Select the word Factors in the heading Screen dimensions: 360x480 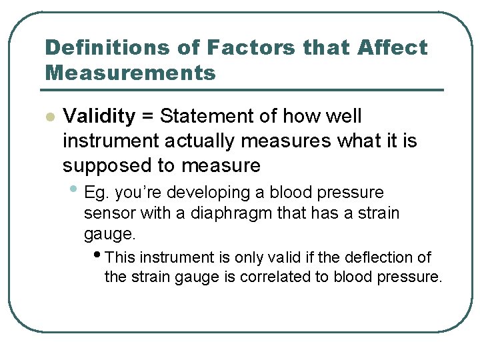click(251, 48)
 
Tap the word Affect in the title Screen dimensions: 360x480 click(393, 48)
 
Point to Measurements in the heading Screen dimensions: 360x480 click(130, 72)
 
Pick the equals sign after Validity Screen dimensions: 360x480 click(147, 117)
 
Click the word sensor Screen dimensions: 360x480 click(106, 214)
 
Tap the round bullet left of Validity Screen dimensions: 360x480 click(49, 117)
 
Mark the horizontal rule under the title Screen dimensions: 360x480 click(243, 90)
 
